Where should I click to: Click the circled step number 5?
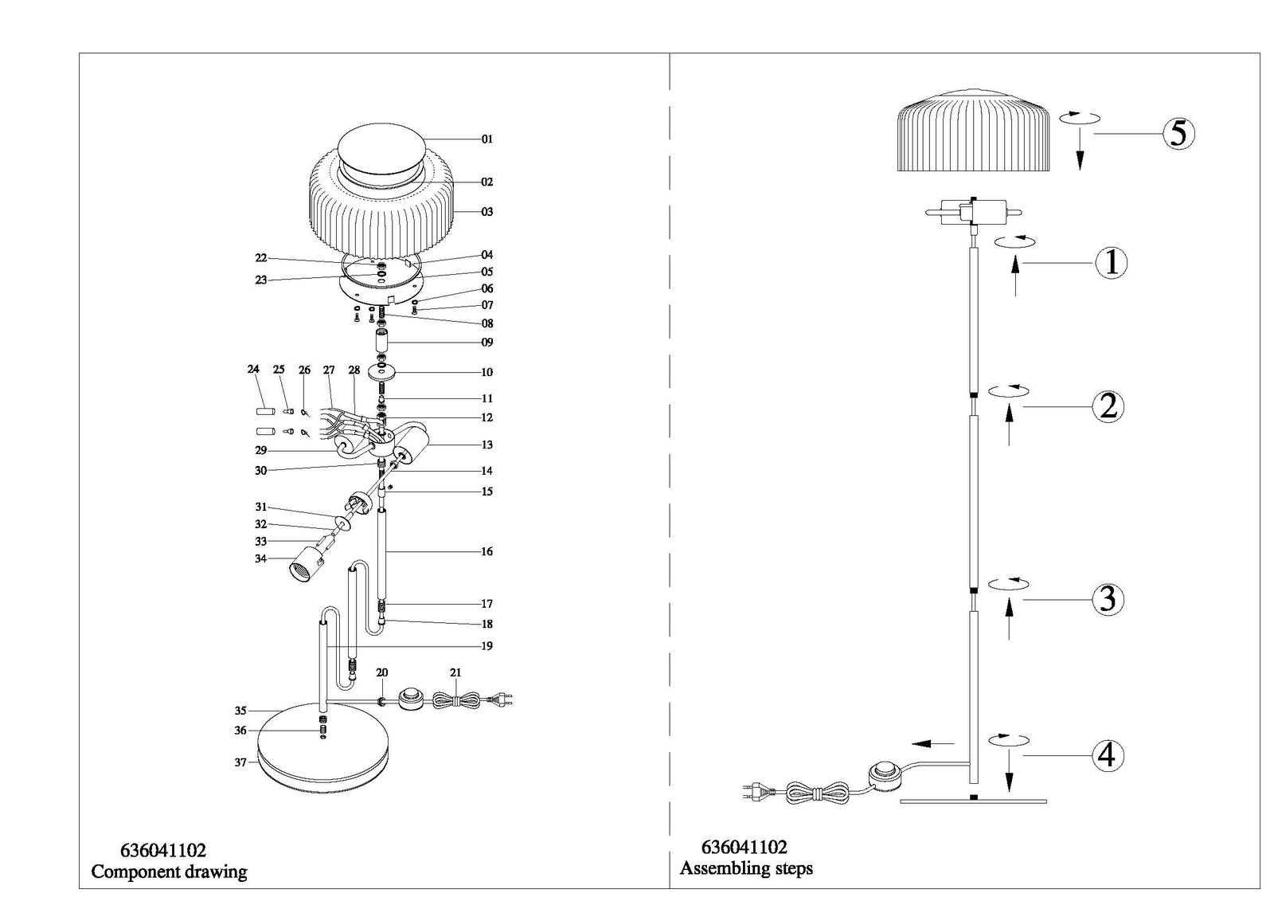[1178, 134]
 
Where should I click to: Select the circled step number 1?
[1112, 264]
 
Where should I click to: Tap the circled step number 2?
[1108, 407]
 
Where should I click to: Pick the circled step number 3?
[1108, 599]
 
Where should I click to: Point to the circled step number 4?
[1108, 756]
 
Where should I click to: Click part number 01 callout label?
[487, 139]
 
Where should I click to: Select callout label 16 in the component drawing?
[487, 551]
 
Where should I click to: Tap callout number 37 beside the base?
[240, 762]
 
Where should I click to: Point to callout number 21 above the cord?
[455, 672]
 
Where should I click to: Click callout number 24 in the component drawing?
[253, 370]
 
